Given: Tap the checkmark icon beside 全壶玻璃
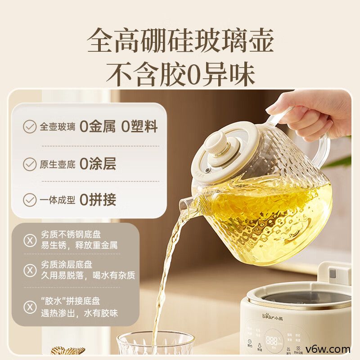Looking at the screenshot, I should pyautogui.click(x=30, y=127).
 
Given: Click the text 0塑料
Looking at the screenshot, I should pyautogui.click(x=139, y=127).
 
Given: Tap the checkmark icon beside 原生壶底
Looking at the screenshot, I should pyautogui.click(x=30, y=164).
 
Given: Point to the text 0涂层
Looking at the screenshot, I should pyautogui.click(x=98, y=164).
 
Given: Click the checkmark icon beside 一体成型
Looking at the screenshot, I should pyautogui.click(x=30, y=199).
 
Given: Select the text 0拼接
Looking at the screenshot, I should pyautogui.click(x=98, y=199).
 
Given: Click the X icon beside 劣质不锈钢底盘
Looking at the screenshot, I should pyautogui.click(x=30, y=241).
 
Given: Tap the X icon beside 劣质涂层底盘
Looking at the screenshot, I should pyautogui.click(x=30, y=270).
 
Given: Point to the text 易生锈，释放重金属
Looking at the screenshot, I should pyautogui.click(x=79, y=246).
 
